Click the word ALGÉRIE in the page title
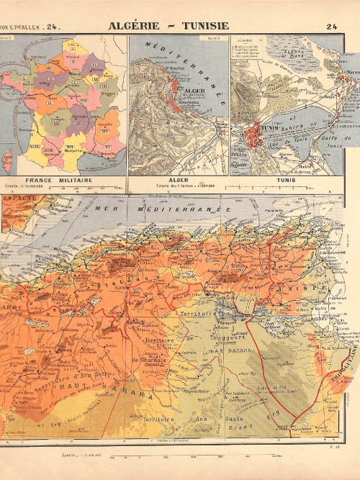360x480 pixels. tap(138, 27)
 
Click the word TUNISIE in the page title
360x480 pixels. tap(205, 27)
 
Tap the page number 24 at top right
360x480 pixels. tap(332, 27)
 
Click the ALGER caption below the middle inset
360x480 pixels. tap(178, 181)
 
